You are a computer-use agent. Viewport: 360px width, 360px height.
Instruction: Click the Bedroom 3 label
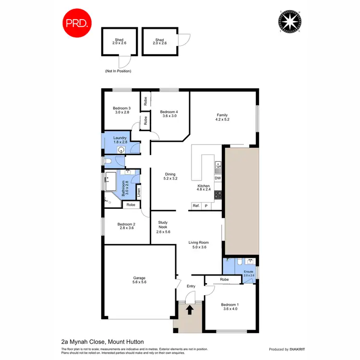point(121,111)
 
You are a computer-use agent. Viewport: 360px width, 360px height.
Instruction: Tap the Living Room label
point(200,245)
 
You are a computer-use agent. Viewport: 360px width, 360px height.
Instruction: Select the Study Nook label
point(163,227)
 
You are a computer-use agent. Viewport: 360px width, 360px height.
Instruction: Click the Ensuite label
point(248,273)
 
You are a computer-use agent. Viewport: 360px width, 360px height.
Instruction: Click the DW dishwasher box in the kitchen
point(217,179)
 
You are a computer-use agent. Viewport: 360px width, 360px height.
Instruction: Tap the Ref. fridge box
point(196,205)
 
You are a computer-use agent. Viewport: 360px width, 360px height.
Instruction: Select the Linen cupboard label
point(139,193)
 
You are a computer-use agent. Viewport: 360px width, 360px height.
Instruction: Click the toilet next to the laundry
point(109,161)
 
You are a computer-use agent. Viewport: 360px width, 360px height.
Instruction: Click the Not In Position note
point(118,71)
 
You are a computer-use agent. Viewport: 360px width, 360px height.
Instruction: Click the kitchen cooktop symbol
point(217,194)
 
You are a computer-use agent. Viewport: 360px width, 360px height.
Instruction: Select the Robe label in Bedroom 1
point(225,279)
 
